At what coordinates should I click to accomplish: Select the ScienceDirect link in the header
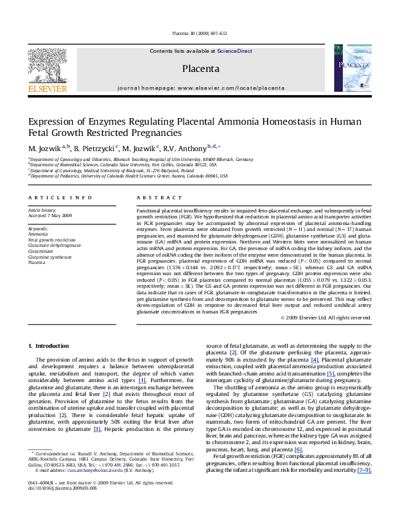(x=235, y=51)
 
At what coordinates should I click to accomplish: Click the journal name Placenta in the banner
(x=201, y=68)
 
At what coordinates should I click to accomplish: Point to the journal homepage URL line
(x=201, y=87)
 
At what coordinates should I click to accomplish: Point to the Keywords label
(x=39, y=226)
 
